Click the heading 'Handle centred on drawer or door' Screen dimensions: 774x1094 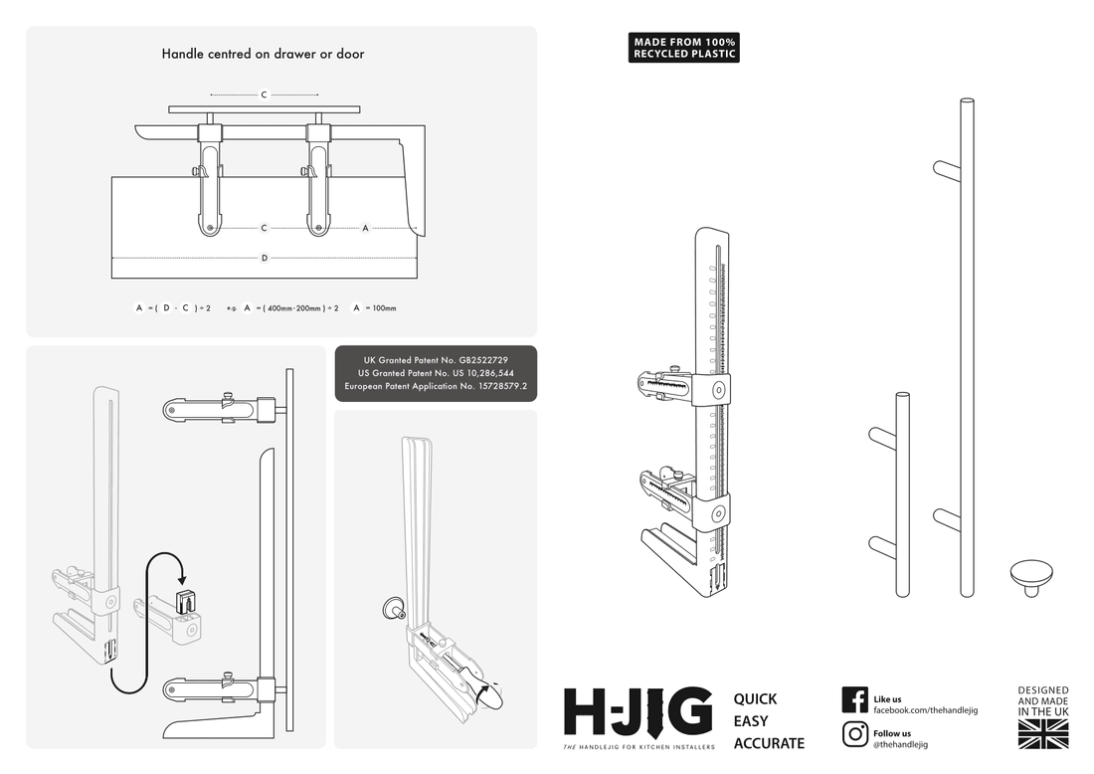(263, 54)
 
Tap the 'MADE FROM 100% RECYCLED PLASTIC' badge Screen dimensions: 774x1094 (684, 48)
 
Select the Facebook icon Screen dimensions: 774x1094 (854, 699)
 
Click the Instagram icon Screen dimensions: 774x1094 (854, 734)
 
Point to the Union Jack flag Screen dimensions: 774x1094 (1042, 734)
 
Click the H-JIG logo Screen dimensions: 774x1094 (638, 711)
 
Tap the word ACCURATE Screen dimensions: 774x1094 (768, 743)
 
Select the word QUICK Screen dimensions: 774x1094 (755, 699)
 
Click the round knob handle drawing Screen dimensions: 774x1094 (1031, 576)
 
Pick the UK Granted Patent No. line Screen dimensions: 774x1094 (436, 358)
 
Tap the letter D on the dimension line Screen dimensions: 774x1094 (264, 259)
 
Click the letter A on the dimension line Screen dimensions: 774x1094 (365, 228)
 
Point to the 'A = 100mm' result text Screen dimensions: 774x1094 (374, 308)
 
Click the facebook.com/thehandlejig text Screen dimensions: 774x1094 (925, 710)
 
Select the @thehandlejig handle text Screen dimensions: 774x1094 (900, 744)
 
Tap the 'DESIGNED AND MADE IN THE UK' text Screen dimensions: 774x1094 (1042, 700)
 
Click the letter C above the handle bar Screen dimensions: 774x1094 (264, 96)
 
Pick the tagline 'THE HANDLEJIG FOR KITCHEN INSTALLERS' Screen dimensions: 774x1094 (638, 747)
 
